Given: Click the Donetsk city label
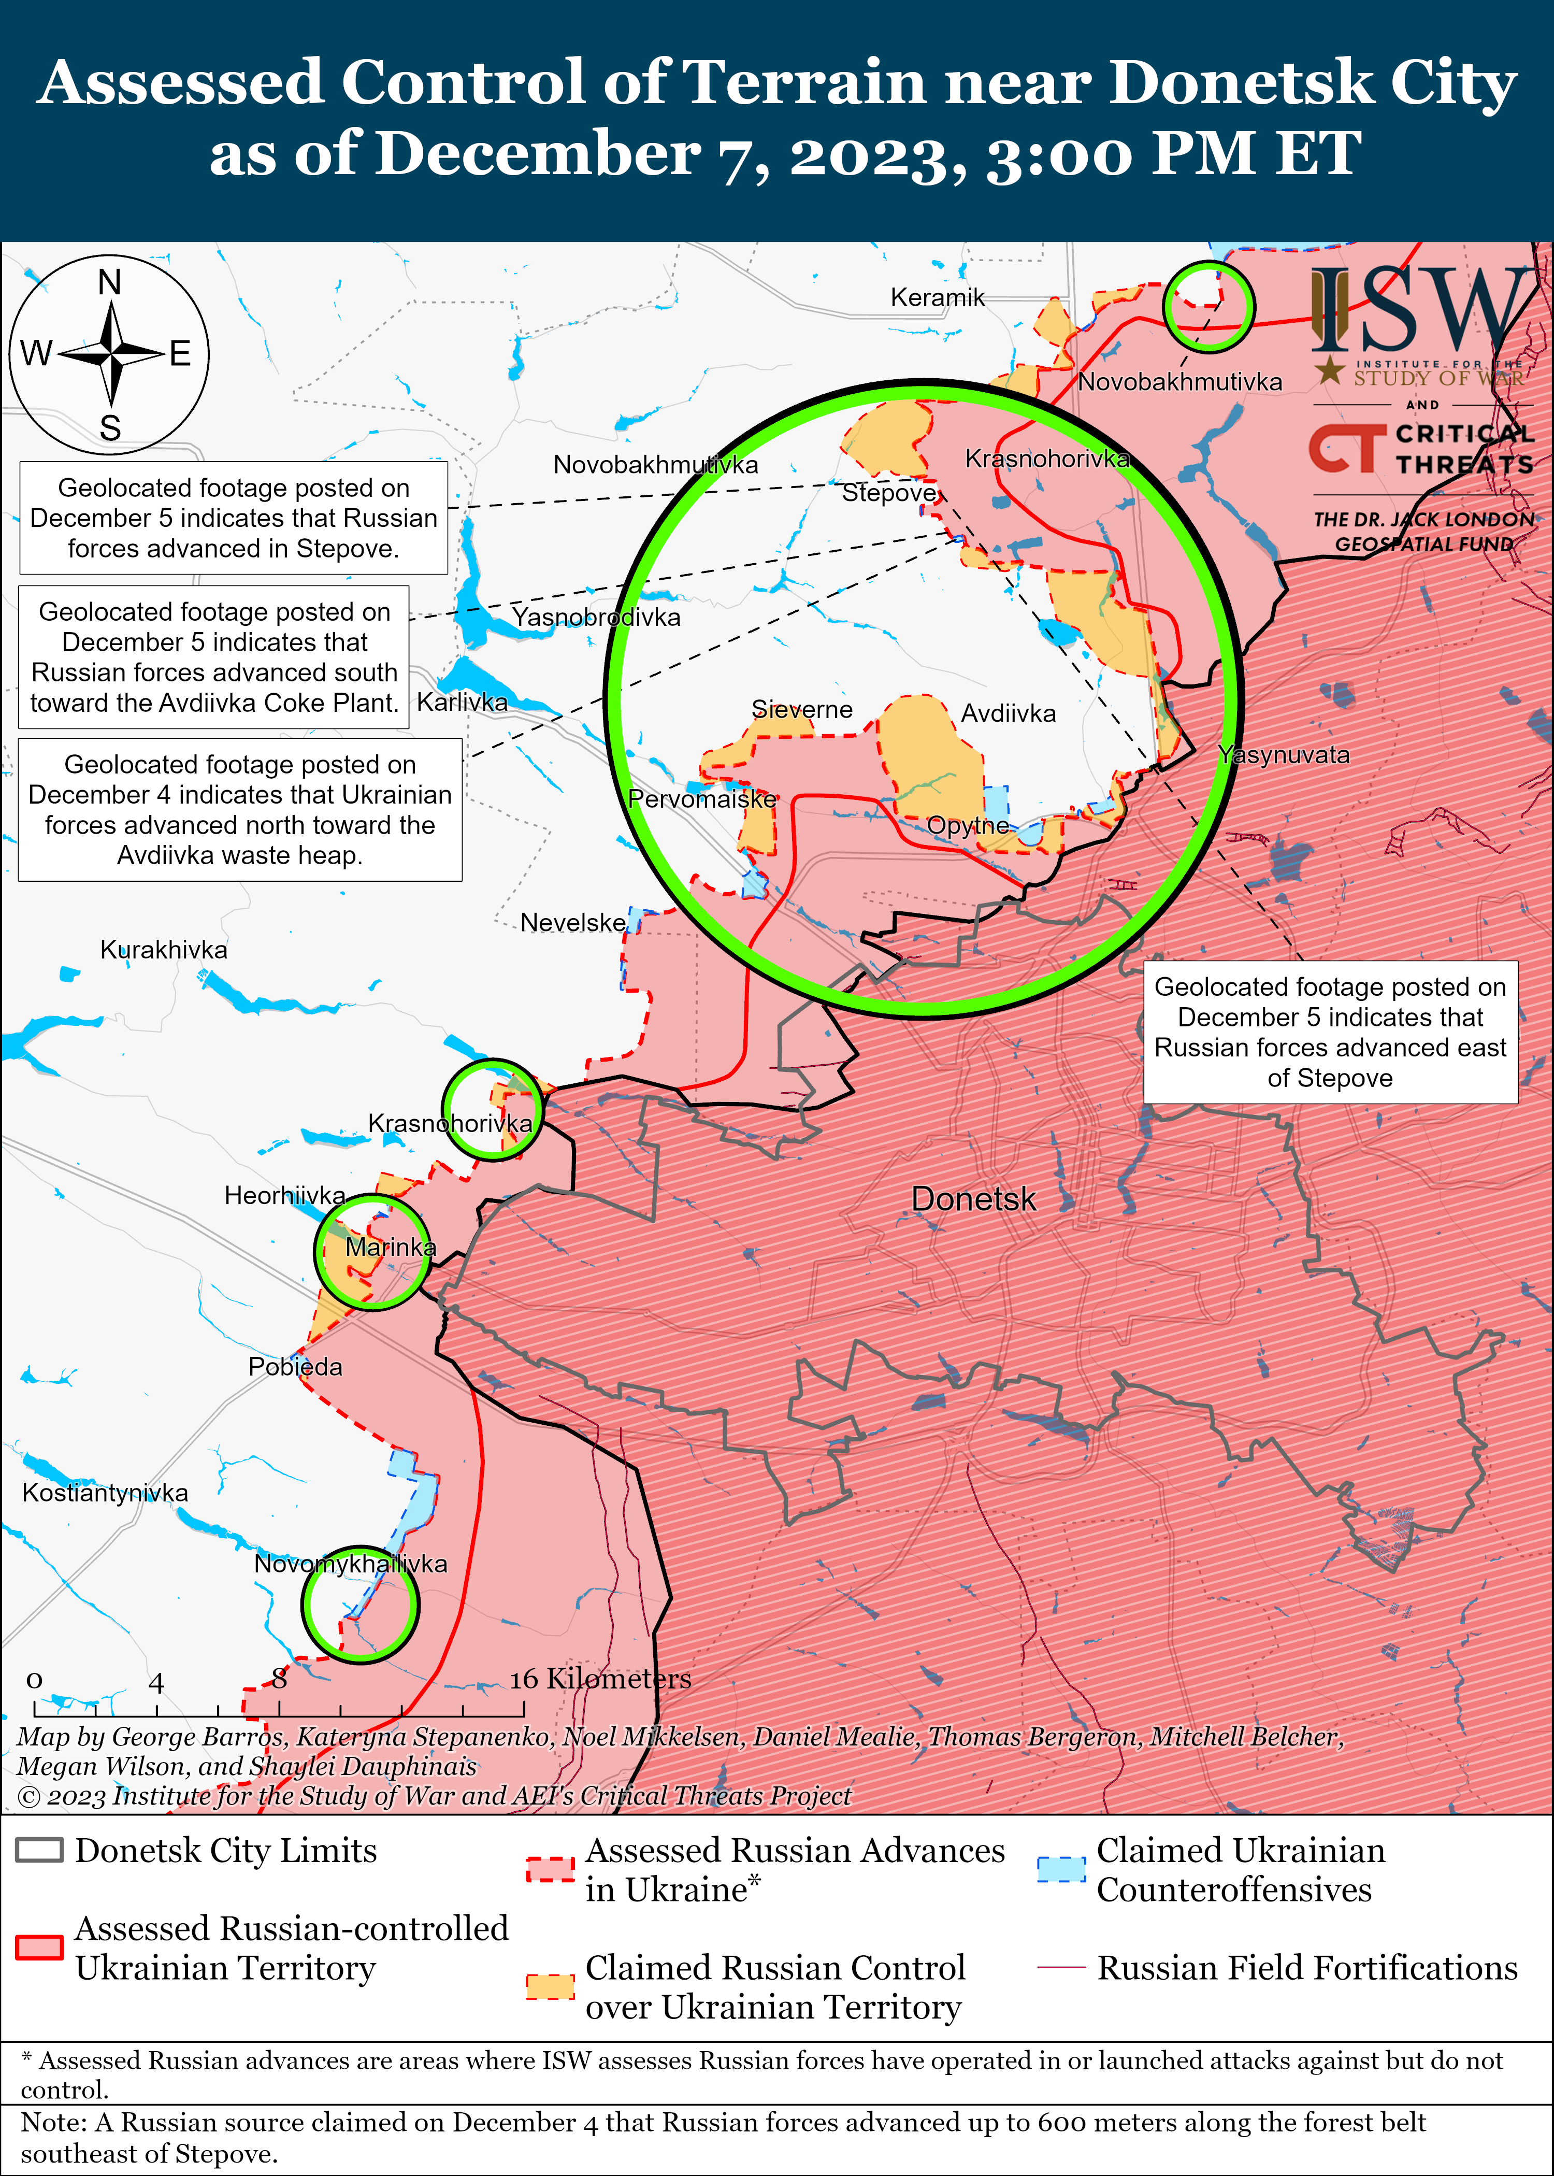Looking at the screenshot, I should (x=973, y=1199).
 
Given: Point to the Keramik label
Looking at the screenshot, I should (x=937, y=297).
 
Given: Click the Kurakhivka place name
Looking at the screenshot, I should (x=164, y=950).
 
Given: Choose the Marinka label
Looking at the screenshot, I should (x=391, y=1247).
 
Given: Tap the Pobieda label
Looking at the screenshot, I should (x=295, y=1366).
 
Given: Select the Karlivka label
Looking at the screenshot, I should (x=462, y=703).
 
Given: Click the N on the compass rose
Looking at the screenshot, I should (x=110, y=283).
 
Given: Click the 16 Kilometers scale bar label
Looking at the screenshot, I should (x=600, y=1679).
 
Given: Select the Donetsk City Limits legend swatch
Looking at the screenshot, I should (x=39, y=1850).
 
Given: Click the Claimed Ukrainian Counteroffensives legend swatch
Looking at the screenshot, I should (x=1061, y=1869).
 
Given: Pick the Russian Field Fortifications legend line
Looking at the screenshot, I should (x=1061, y=1967).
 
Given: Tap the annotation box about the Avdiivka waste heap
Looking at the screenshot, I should (x=240, y=810).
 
